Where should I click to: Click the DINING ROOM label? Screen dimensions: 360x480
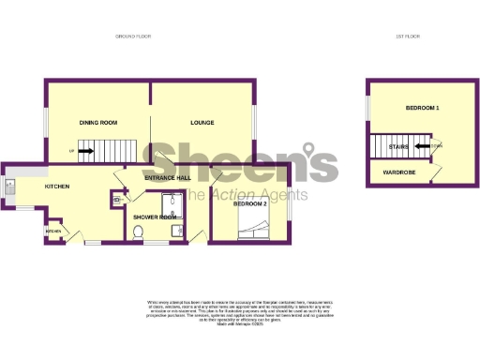pyautogui.click(x=97, y=123)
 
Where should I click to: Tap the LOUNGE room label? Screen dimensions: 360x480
pyautogui.click(x=202, y=123)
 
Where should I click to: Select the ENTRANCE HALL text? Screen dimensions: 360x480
pyautogui.click(x=168, y=177)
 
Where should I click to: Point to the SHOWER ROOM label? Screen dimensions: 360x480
pyautogui.click(x=155, y=217)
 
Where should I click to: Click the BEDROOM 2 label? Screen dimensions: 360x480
pyautogui.click(x=251, y=203)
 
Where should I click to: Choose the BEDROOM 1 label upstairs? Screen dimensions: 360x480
pyautogui.click(x=423, y=110)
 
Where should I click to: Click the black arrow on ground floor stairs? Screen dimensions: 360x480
pyautogui.click(x=85, y=150)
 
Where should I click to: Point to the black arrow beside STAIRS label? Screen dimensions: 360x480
pyautogui.click(x=422, y=145)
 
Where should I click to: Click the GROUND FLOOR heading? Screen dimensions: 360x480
pyautogui.click(x=132, y=37)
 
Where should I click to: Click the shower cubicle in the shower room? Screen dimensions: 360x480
pyautogui.click(x=171, y=202)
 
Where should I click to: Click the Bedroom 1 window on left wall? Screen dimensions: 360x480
pyautogui.click(x=367, y=107)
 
